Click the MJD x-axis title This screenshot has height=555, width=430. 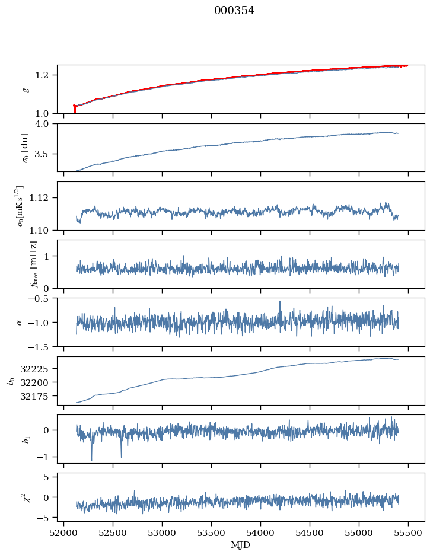(x=241, y=545)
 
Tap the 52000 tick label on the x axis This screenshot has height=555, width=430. (x=64, y=532)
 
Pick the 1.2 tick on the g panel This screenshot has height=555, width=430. (x=46, y=75)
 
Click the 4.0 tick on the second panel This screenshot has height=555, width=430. (x=46, y=123)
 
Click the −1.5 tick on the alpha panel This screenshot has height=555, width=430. (x=43, y=346)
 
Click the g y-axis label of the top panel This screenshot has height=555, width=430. (x=25, y=89)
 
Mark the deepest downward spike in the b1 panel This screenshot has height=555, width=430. (x=91, y=460)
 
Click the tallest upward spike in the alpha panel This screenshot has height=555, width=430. (x=279, y=301)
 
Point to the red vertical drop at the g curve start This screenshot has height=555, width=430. (x=74, y=109)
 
